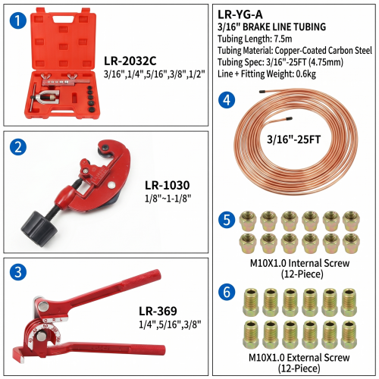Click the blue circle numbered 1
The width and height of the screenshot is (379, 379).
pyautogui.click(x=18, y=20)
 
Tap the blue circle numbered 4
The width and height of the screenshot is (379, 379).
pyautogui.click(x=227, y=100)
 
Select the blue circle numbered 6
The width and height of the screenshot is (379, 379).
pyautogui.click(x=227, y=292)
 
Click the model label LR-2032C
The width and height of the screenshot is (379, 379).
pyautogui.click(x=130, y=61)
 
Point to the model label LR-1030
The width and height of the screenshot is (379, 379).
pyautogui.click(x=168, y=185)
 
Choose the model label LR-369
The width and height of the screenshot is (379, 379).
pyautogui.click(x=158, y=311)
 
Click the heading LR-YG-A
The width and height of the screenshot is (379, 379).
pyautogui.click(x=240, y=14)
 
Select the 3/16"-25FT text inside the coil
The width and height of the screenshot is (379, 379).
pyautogui.click(x=293, y=139)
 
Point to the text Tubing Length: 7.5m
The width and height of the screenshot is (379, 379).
pyautogui.click(x=255, y=39)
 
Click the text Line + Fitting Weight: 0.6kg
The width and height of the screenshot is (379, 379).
pyautogui.click(x=267, y=74)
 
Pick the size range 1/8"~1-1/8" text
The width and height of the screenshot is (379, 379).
pyautogui.click(x=168, y=199)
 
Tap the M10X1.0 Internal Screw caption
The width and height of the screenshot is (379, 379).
pyautogui.click(x=299, y=263)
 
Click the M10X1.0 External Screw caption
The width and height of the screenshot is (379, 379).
pyautogui.click(x=299, y=358)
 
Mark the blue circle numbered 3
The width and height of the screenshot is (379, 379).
pyautogui.click(x=18, y=272)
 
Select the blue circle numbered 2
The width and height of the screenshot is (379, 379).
pyautogui.click(x=18, y=147)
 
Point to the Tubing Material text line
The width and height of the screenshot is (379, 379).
pyautogui.click(x=295, y=51)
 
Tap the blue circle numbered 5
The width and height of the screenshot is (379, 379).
pyautogui.click(x=227, y=220)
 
